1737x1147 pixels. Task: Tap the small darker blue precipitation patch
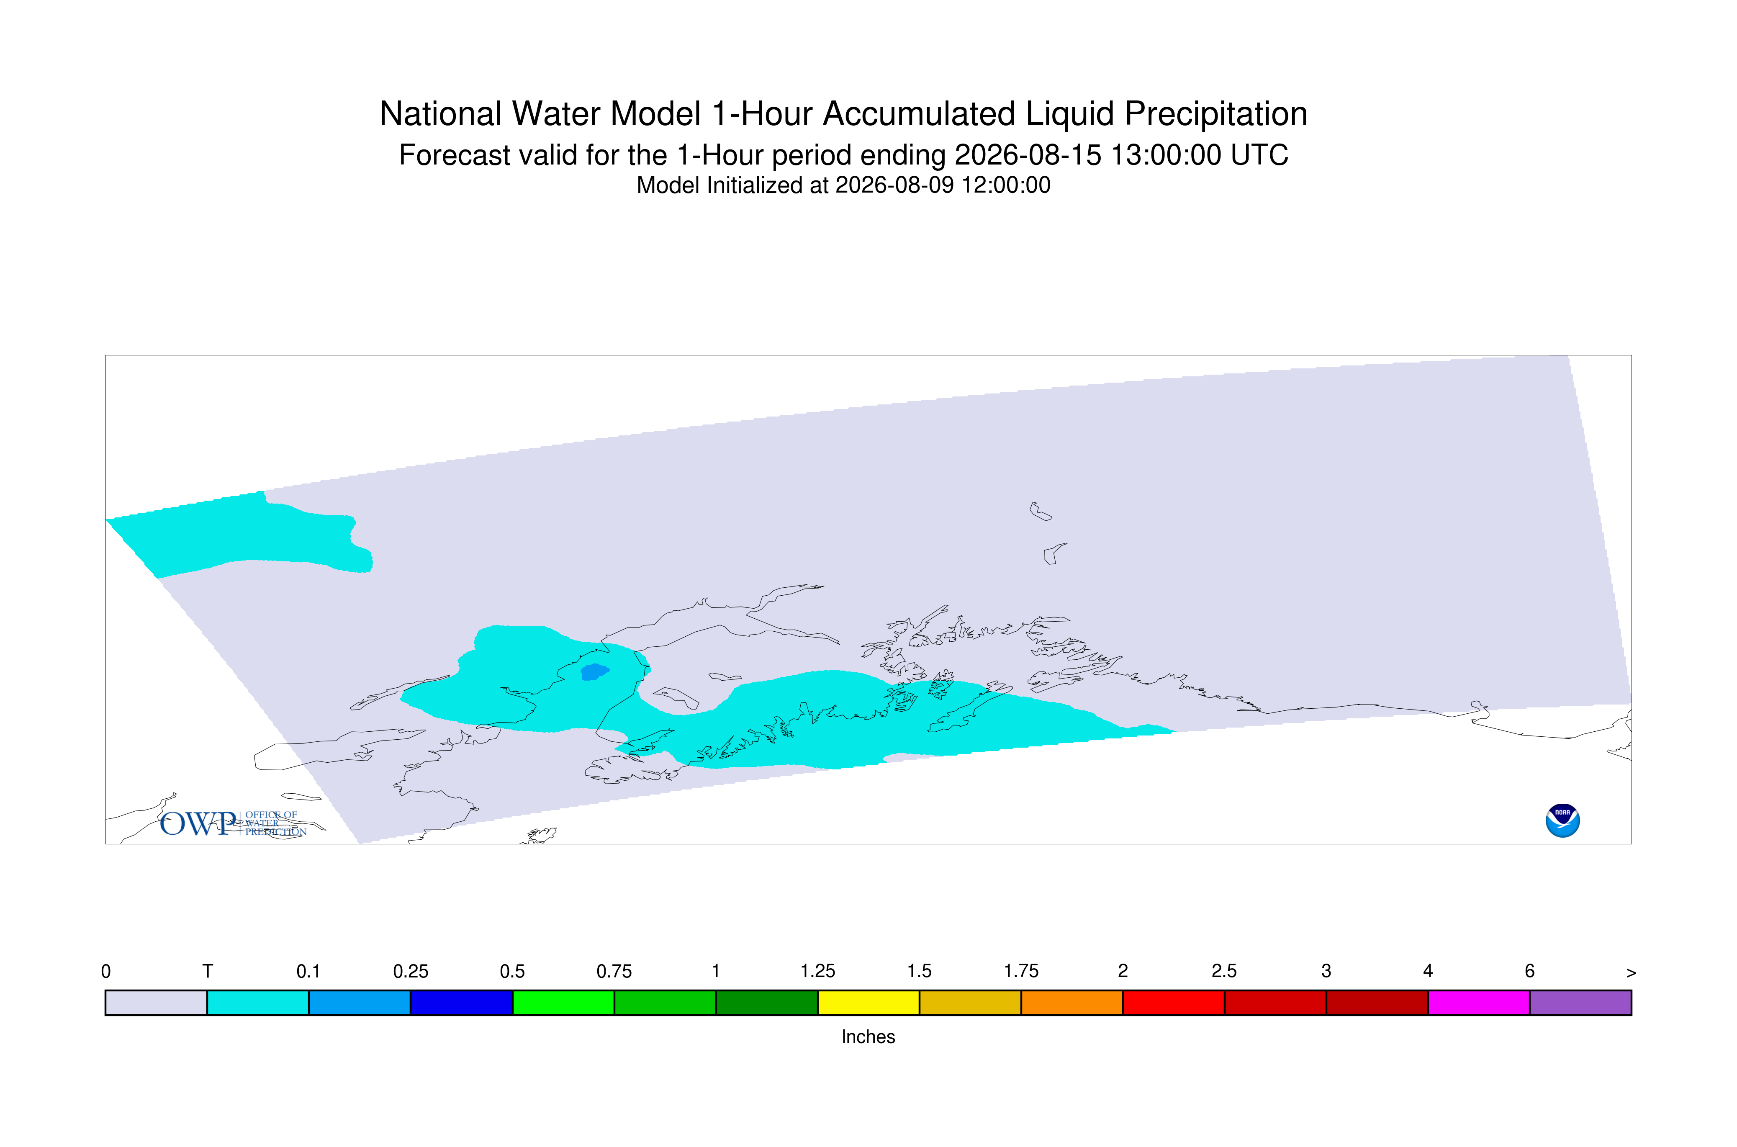594,671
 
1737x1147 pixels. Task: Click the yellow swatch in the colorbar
868,1003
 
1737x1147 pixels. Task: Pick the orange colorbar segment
1071,1003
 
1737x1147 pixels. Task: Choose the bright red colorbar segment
1173,1003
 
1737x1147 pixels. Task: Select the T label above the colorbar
207,972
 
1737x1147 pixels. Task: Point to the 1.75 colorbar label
1021,972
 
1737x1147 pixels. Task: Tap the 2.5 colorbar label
1224,972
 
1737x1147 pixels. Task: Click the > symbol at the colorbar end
1631,973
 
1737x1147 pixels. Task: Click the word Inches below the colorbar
868,1036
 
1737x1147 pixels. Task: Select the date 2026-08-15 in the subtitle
1028,155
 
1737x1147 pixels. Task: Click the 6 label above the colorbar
1529,972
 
